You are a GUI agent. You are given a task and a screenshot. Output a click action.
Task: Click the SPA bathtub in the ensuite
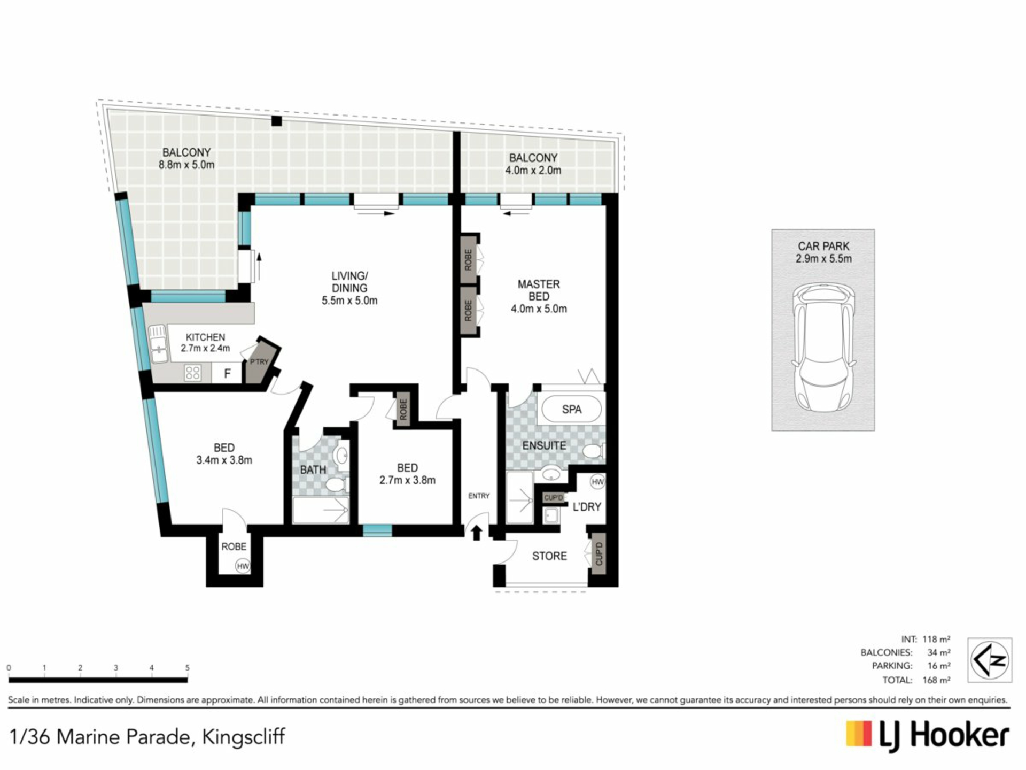click(571, 410)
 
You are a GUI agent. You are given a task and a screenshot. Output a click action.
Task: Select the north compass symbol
click(990, 659)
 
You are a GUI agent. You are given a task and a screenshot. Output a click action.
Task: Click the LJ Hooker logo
click(928, 736)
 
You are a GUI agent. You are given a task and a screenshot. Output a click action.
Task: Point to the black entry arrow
click(477, 533)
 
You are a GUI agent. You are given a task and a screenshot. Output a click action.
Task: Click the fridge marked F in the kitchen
click(227, 373)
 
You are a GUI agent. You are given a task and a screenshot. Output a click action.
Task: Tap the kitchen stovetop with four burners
click(193, 373)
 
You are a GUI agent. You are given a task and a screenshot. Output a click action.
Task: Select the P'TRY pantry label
click(259, 362)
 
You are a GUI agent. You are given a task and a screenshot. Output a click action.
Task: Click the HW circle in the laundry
click(597, 482)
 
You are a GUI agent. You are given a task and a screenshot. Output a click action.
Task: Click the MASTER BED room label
click(539, 290)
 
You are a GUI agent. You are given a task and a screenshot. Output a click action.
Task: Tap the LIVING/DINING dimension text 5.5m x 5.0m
click(349, 301)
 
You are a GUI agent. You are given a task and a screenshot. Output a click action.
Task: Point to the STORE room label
click(549, 556)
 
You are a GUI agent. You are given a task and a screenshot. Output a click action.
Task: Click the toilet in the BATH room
click(336, 484)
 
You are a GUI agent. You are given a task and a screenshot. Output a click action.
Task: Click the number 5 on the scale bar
click(187, 668)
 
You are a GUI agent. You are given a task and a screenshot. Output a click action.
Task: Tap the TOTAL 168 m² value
click(936, 680)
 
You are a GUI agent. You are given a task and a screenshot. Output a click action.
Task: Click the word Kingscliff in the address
click(243, 737)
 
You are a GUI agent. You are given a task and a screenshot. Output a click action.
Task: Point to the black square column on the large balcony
click(276, 121)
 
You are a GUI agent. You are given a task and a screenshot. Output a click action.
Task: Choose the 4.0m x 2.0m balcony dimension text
click(533, 171)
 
